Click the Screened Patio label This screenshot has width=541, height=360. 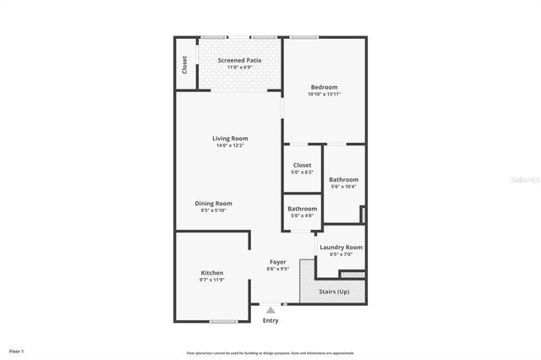pos(239,61)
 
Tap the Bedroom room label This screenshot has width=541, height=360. pos(324,87)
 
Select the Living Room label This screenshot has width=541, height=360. pos(230,139)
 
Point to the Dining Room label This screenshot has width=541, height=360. pos(213,204)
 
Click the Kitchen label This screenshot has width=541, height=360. pos(212,273)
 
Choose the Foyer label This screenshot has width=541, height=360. pos(278,262)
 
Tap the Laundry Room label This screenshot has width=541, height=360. pos(341,247)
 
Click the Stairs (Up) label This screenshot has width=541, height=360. pos(334,292)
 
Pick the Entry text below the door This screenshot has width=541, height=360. pos(270,320)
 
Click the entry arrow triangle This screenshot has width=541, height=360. pos(270,310)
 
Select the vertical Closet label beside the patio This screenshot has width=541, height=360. pos(184,65)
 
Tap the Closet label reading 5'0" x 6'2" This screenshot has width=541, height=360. pos(302,166)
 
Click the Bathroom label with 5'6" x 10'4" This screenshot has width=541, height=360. pos(344,180)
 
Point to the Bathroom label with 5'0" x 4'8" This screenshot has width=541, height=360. pos(302,209)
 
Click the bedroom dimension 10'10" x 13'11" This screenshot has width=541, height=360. pos(324,95)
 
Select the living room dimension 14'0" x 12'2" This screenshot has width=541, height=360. pos(230,145)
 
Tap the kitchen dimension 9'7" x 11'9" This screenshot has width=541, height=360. pos(212,280)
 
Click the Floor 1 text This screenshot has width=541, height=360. pos(16,350)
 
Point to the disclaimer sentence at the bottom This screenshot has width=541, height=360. pos(270,352)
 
